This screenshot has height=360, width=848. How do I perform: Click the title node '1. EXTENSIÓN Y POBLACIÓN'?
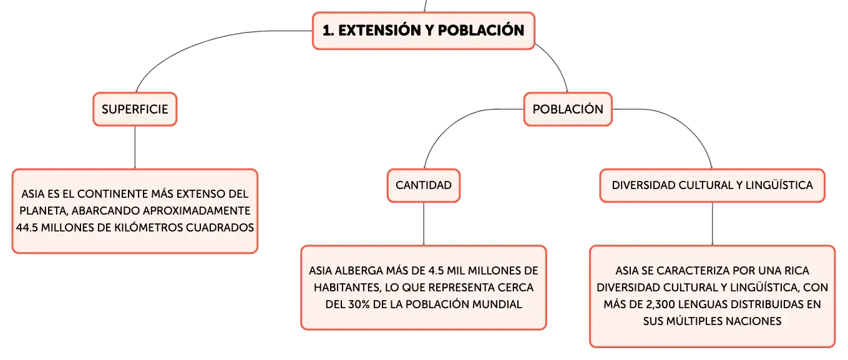[423, 31]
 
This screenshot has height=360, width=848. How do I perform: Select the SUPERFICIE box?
[135, 109]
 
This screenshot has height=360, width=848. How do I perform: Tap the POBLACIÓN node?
[568, 109]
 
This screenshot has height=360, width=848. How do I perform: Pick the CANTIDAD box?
[424, 185]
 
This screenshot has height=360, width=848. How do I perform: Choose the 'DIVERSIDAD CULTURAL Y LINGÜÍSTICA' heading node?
[712, 185]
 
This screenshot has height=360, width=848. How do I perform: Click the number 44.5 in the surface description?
[27, 228]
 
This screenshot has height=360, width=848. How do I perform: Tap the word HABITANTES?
[347, 288]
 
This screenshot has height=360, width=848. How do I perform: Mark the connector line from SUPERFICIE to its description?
[135, 148]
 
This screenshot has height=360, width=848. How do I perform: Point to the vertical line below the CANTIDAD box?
[424, 224]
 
